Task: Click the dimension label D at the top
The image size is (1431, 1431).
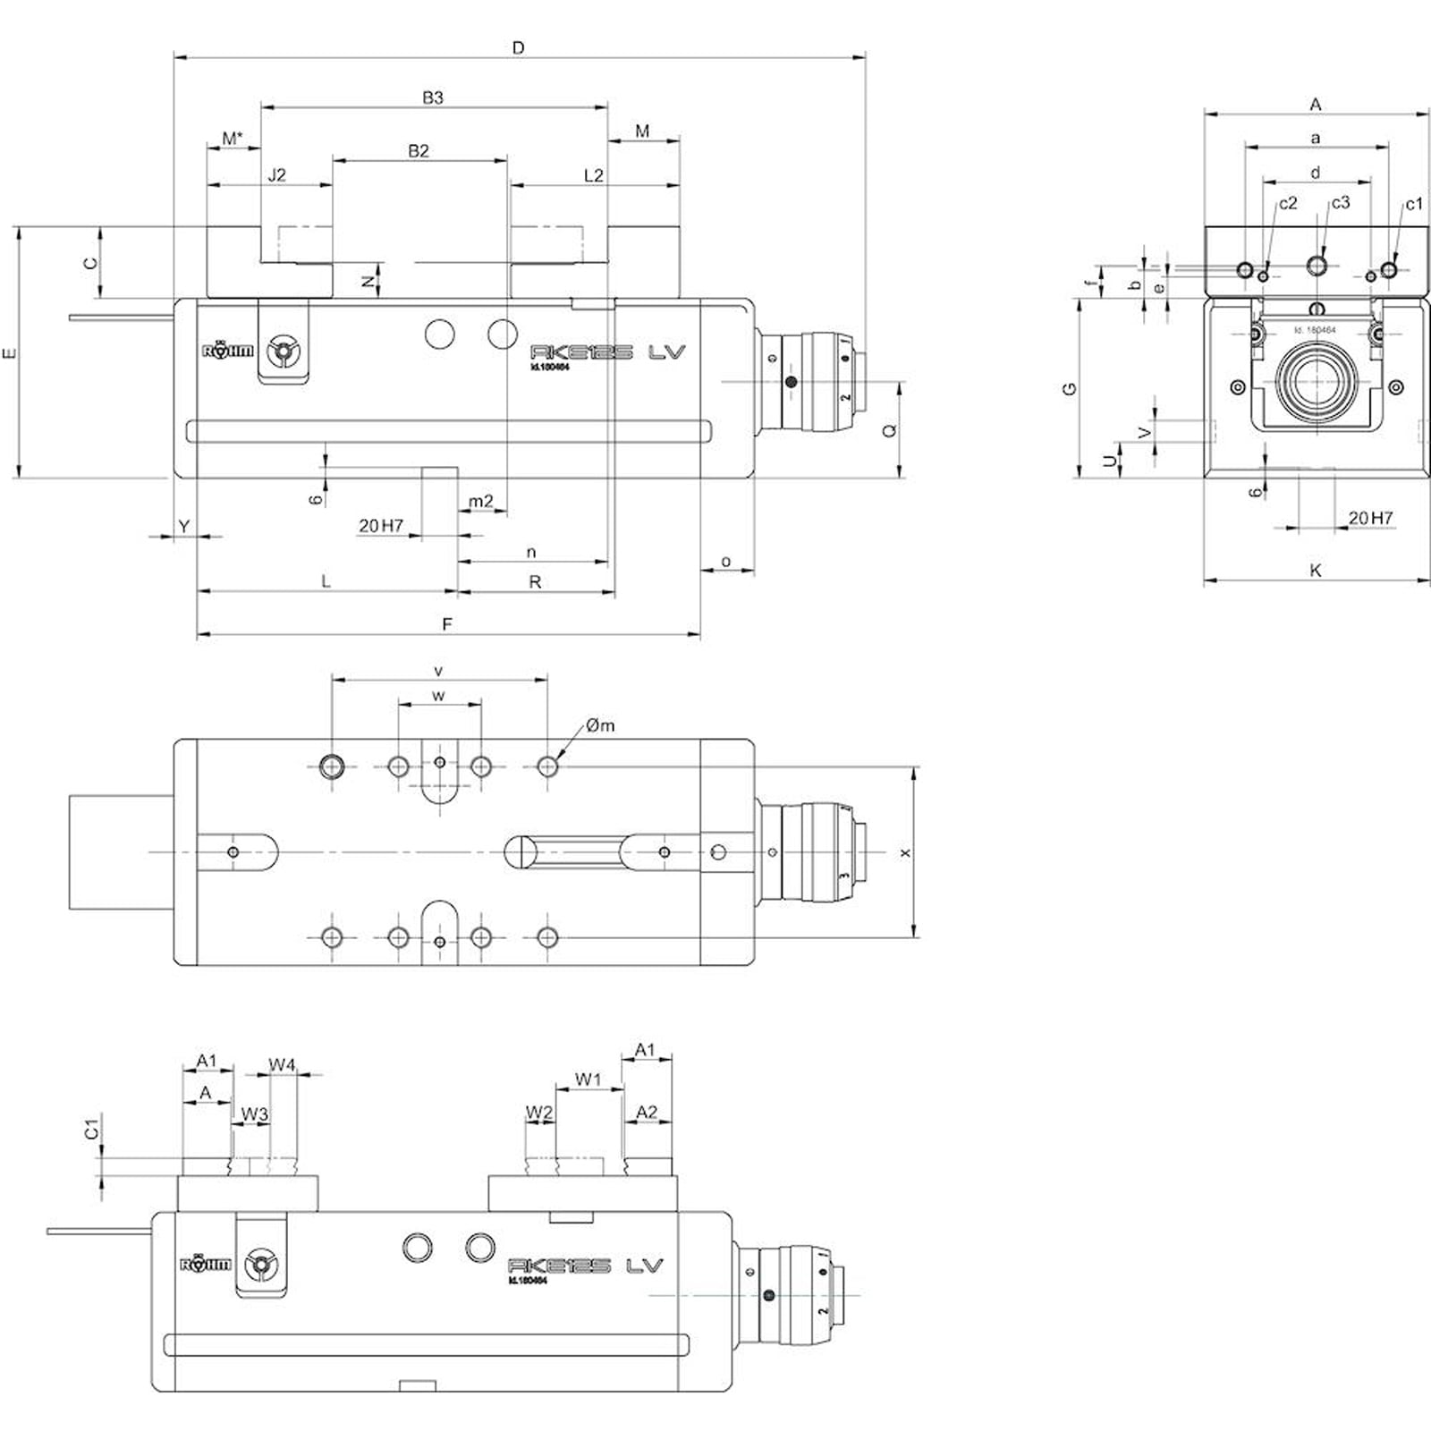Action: (519, 47)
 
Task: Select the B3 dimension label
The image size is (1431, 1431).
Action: (433, 97)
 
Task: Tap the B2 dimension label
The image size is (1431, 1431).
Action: (419, 151)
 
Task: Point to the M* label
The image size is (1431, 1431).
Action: (233, 139)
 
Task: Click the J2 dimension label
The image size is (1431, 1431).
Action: (277, 175)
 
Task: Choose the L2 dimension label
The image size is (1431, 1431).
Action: (594, 175)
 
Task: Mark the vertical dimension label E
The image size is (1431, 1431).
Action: (10, 352)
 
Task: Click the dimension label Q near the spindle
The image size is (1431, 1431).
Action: (889, 431)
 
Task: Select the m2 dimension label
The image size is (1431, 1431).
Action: (481, 501)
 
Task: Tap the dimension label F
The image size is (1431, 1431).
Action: (447, 624)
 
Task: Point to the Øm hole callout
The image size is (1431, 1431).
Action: (601, 725)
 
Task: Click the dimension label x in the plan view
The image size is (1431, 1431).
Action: (905, 852)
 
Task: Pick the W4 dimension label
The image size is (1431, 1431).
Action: (282, 1064)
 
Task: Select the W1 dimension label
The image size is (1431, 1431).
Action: (588, 1080)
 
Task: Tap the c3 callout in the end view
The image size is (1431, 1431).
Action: (1340, 203)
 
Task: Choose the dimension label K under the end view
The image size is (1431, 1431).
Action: (1316, 570)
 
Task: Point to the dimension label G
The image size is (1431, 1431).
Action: (1070, 389)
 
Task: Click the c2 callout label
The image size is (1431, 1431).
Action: (1288, 204)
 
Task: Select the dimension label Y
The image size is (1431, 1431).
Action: (184, 526)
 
